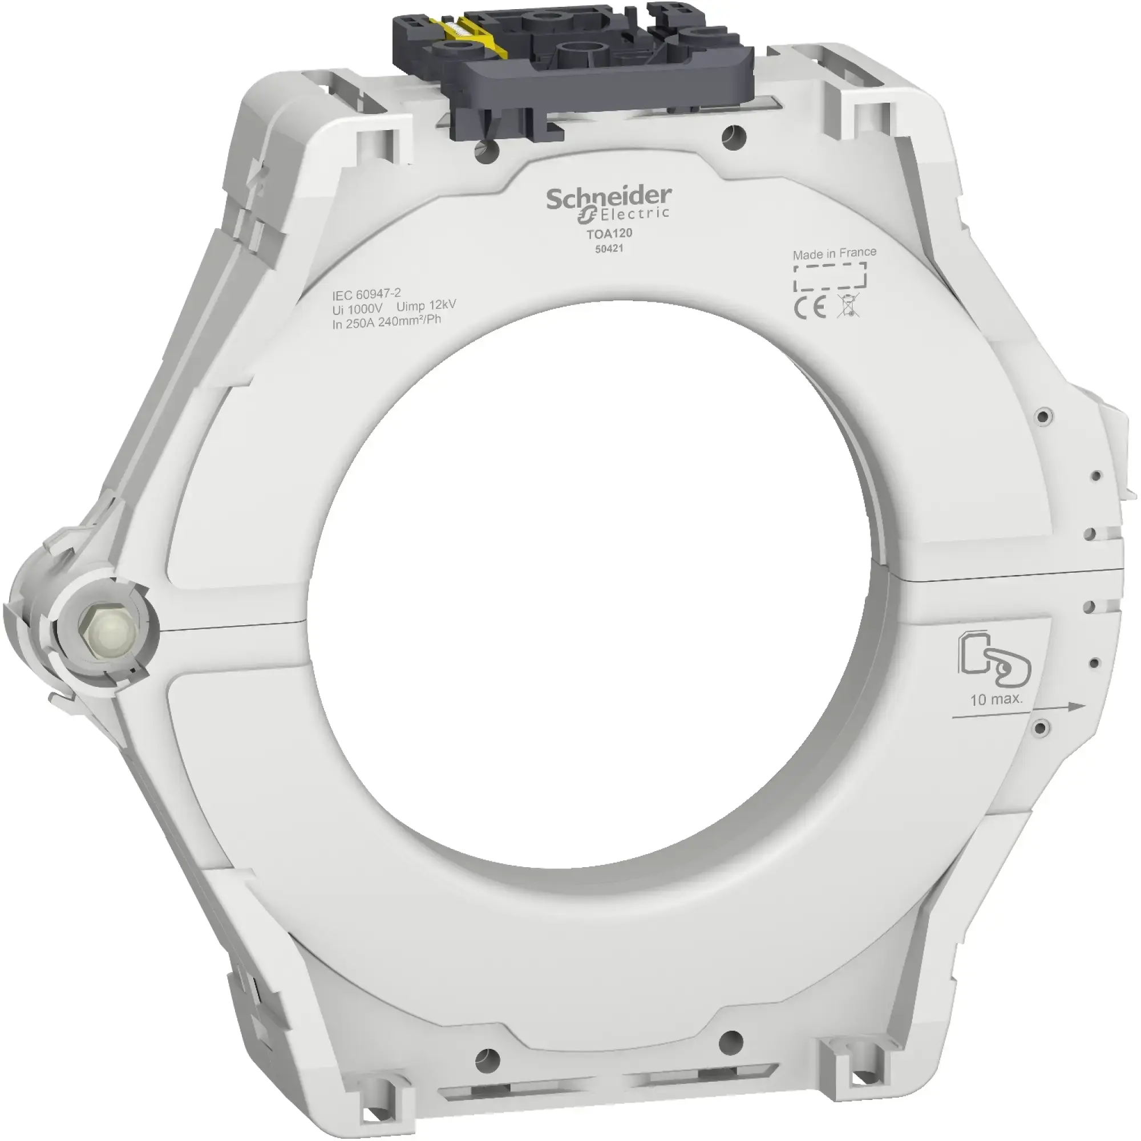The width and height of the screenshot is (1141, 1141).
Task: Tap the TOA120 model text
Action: tap(609, 233)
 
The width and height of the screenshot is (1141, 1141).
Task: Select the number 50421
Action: tap(609, 249)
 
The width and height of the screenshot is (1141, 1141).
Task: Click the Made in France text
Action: tap(834, 253)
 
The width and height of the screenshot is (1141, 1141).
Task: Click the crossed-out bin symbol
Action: tap(848, 306)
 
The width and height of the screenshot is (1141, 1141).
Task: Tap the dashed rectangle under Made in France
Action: tap(830, 278)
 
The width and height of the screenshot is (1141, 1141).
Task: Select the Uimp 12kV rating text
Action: tap(426, 306)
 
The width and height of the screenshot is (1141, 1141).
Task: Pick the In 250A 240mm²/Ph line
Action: tap(386, 322)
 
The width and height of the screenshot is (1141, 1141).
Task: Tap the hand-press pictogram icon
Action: tap(994, 659)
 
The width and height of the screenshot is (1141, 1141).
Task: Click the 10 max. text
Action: tap(996, 699)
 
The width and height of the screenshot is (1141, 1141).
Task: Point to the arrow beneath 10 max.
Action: tap(1019, 710)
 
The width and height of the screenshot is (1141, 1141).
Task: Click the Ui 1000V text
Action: tap(357, 309)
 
